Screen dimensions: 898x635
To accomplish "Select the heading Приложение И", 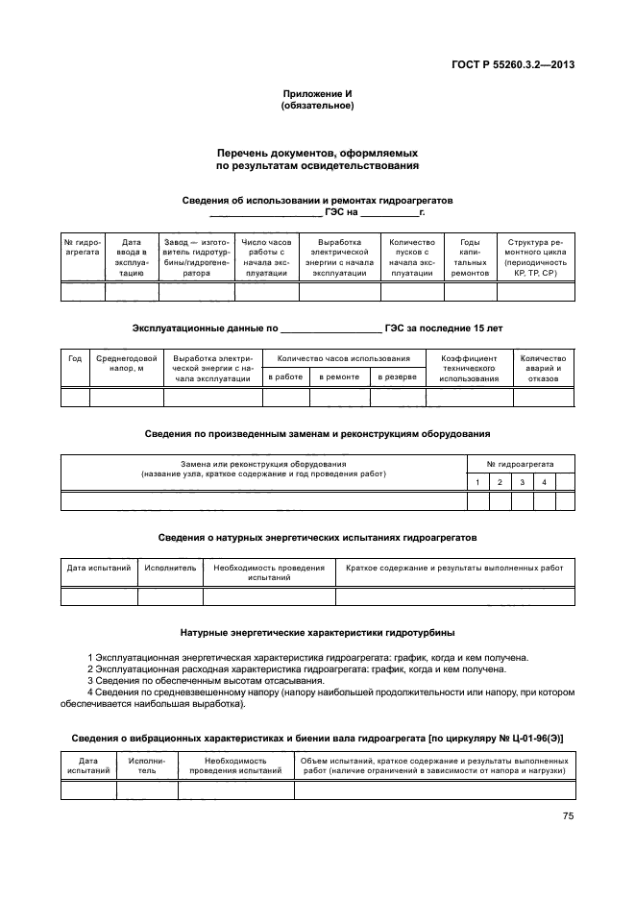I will point(317,93).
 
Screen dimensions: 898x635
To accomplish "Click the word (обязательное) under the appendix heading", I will point(317,106).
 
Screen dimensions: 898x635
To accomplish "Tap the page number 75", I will point(568,816).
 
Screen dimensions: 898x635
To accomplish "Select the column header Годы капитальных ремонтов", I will point(471,257).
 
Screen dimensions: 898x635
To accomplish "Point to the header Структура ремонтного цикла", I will point(535,257).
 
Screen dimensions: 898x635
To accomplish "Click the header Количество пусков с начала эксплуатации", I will point(412,257).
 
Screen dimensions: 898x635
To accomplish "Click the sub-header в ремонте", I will point(340,376).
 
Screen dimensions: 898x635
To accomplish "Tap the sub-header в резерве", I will point(397,376).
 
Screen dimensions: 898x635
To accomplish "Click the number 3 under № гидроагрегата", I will point(522,481).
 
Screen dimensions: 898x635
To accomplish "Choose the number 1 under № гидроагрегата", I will point(477,481).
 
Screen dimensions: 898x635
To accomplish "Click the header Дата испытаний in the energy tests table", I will point(99,569).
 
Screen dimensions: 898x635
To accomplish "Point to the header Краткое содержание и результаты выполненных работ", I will point(454,569).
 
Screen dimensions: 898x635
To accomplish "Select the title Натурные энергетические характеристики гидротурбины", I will point(317,633).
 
